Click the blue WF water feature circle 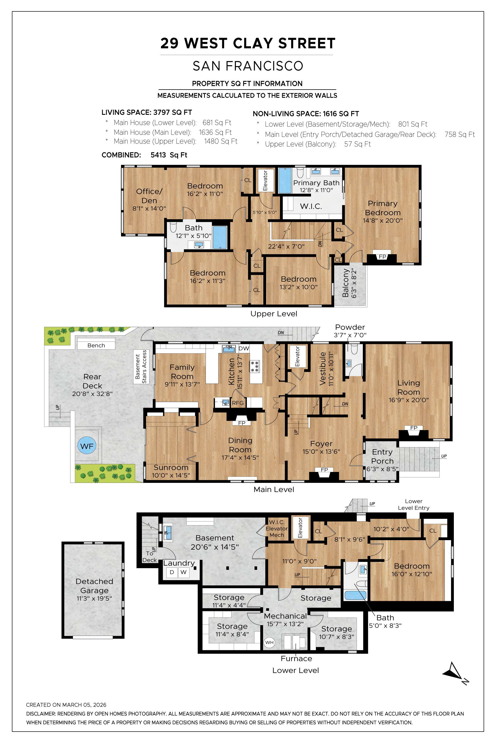(87, 446)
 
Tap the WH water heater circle (269, 643)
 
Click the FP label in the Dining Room (242, 423)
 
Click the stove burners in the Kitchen (255, 366)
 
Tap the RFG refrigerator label (238, 403)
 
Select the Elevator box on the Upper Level (265, 180)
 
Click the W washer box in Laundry (184, 572)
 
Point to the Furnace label (296, 659)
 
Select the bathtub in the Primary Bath (285, 181)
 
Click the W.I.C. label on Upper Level (311, 206)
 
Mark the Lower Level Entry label (413, 504)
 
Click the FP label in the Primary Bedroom (382, 256)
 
